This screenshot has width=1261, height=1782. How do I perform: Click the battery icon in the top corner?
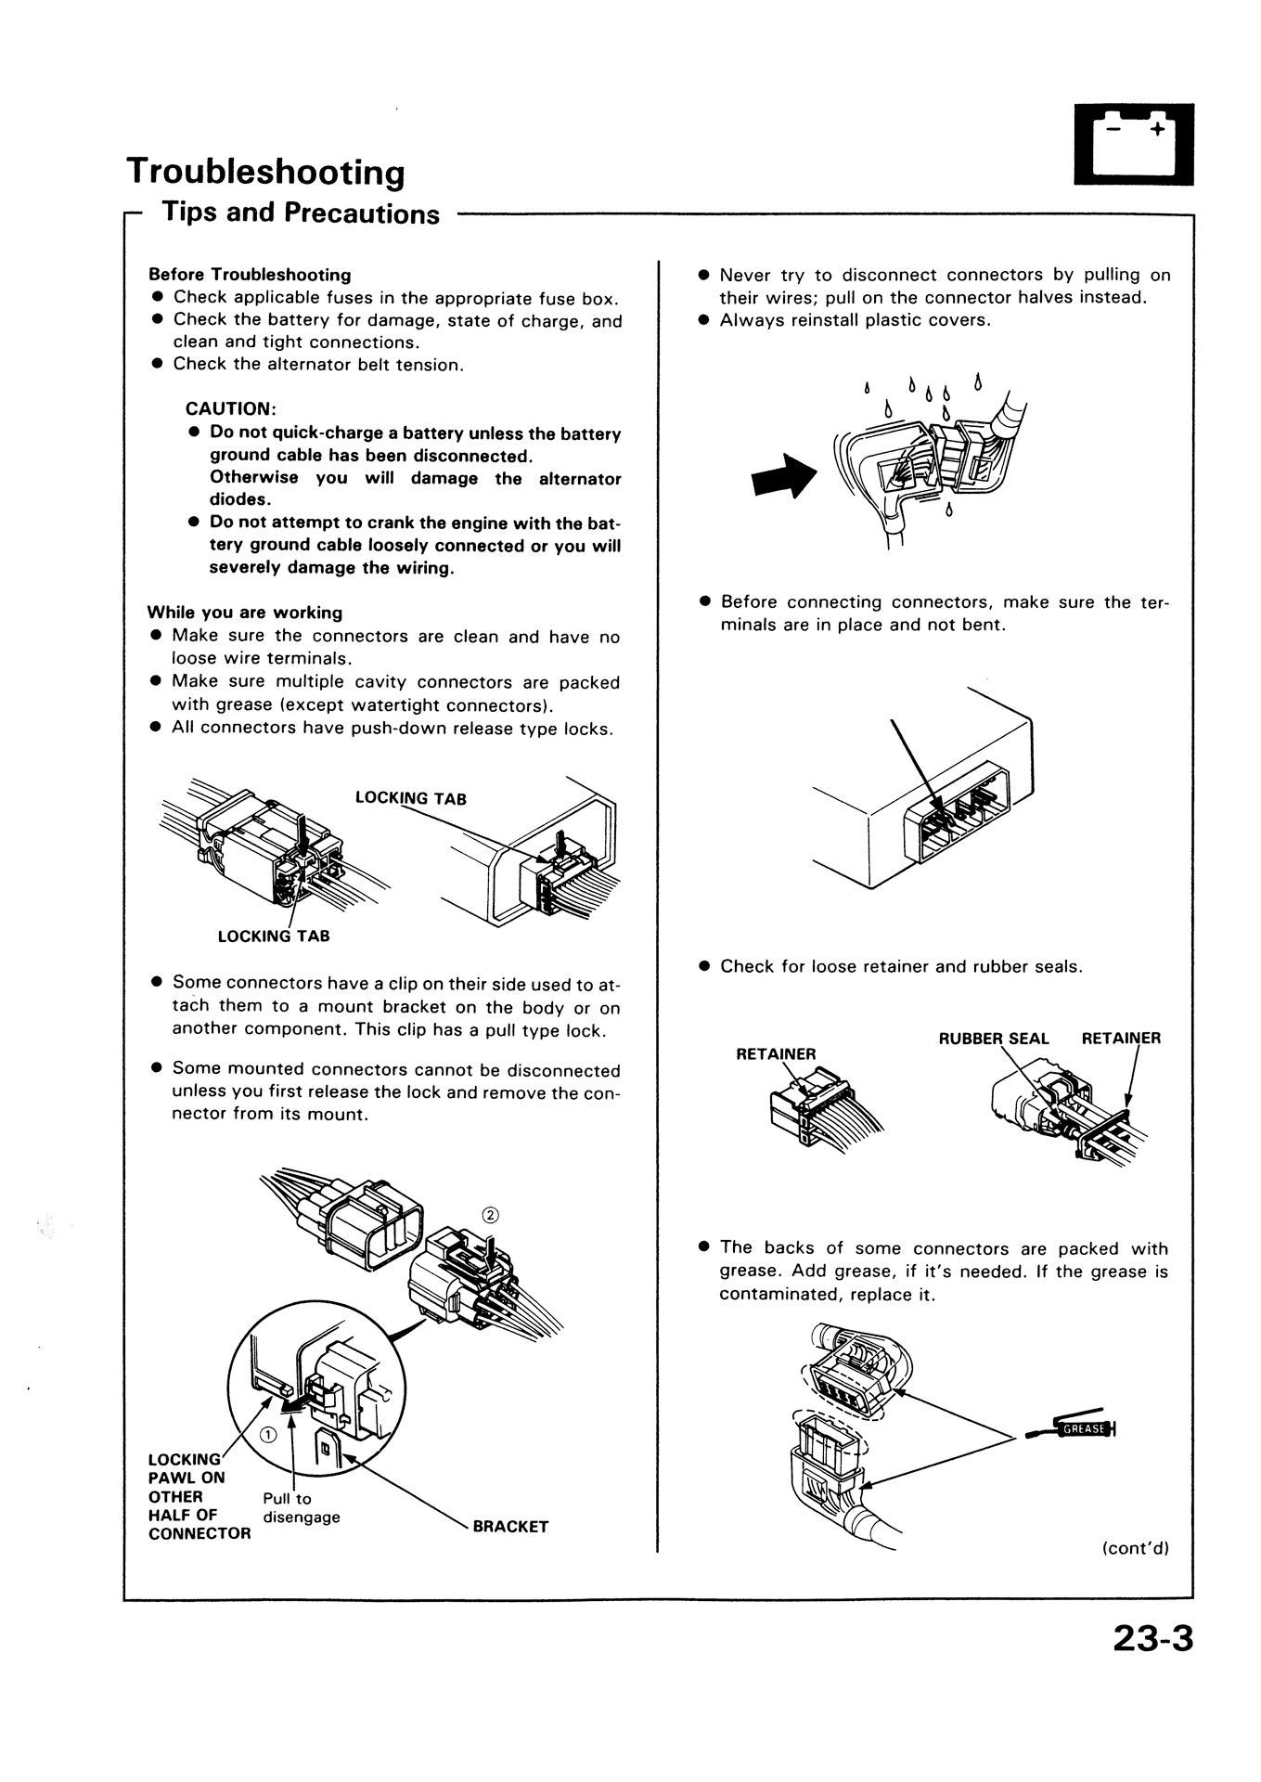coord(1133,144)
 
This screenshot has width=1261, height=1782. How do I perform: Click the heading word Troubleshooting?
coord(265,173)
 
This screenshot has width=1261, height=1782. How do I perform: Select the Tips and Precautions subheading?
coord(301,213)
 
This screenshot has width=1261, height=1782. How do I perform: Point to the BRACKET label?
coord(510,1526)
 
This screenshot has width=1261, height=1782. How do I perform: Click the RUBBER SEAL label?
coord(994,1039)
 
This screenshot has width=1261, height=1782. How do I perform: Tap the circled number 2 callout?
coord(491,1216)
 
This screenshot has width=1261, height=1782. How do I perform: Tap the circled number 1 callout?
coord(267,1434)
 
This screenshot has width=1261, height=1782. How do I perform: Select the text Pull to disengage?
coord(302,1507)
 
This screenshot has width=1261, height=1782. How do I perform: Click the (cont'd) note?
coord(1135,1547)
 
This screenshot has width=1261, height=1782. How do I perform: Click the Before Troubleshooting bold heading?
coord(250,275)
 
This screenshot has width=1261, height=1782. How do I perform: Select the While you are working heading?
coord(245,613)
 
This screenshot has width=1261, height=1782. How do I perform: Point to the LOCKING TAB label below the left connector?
coord(274,936)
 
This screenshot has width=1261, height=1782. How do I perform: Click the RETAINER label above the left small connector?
coord(776,1053)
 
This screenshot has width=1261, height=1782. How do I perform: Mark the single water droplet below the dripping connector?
coord(948,511)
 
